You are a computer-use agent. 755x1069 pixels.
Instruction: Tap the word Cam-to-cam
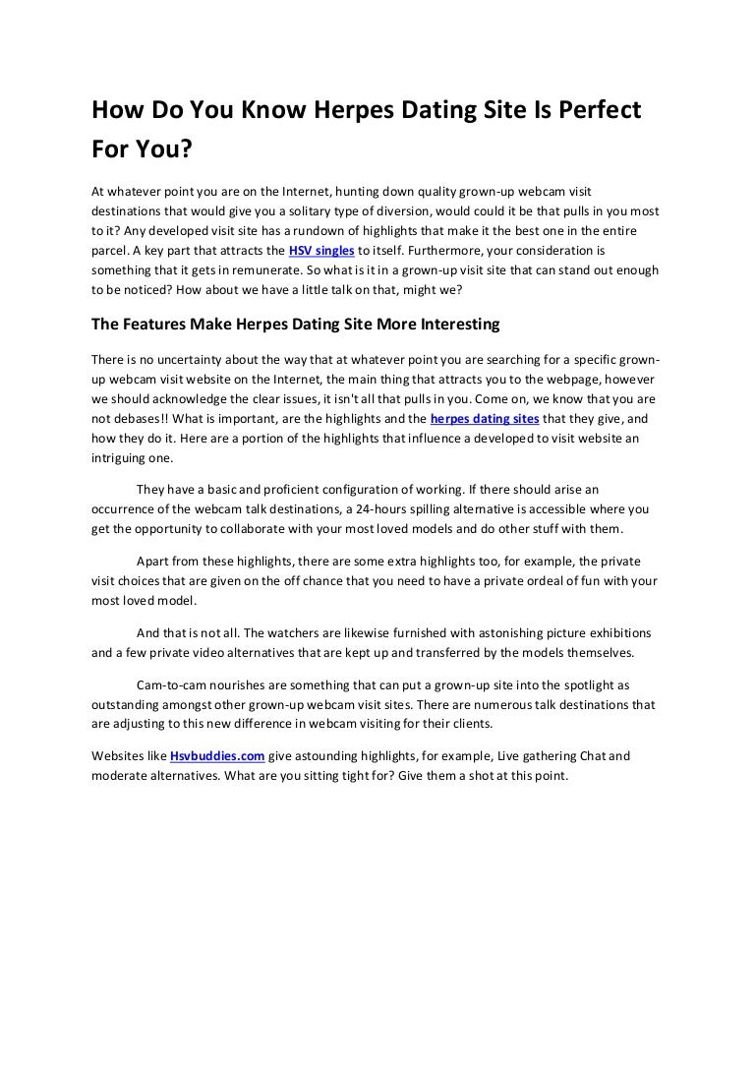(x=170, y=683)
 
